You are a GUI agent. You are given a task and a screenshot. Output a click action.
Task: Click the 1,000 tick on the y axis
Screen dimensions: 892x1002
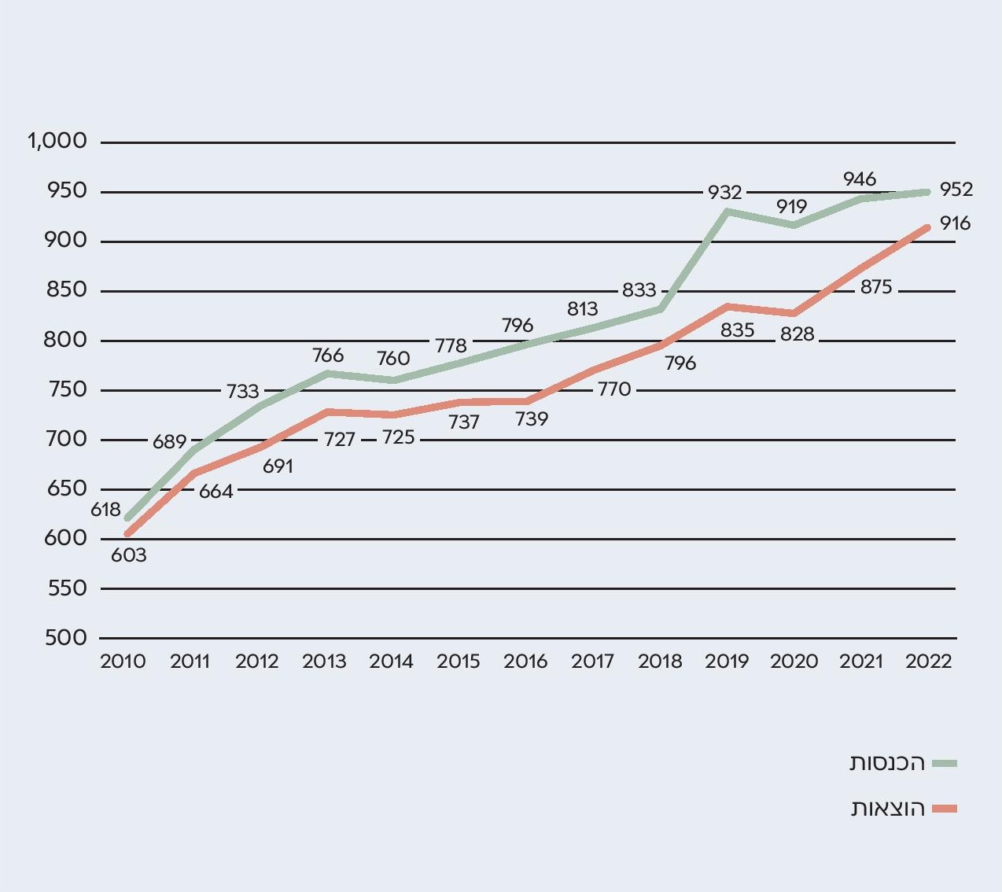[57, 142]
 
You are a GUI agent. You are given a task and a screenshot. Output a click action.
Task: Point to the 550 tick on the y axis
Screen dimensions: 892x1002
[66, 588]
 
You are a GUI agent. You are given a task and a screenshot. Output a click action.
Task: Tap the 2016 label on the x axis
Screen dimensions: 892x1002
[525, 662]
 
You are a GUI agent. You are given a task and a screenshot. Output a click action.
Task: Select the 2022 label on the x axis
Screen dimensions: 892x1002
[929, 662]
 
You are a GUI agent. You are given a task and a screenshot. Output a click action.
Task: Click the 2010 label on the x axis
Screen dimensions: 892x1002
[123, 662]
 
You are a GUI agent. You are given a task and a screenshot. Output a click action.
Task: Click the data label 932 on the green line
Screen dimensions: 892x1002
[724, 192]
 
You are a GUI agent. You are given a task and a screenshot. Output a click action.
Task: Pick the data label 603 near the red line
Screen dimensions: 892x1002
[129, 555]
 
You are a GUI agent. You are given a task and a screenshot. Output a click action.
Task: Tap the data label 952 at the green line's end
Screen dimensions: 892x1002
[956, 190]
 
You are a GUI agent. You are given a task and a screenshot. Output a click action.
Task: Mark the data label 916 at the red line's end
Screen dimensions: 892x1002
[955, 223]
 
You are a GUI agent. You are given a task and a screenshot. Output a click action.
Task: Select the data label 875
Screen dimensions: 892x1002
[876, 287]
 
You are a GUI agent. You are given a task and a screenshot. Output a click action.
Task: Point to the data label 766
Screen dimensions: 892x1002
[328, 356]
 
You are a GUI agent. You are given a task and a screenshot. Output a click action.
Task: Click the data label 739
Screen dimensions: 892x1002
[532, 419]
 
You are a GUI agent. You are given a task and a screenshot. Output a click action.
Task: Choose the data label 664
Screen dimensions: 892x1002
[216, 492]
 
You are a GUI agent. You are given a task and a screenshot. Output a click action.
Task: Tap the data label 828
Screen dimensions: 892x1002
[797, 334]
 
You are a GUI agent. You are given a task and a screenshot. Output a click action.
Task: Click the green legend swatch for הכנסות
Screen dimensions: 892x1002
[945, 763]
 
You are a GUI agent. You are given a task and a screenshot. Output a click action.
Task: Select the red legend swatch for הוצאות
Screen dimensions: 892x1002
[945, 809]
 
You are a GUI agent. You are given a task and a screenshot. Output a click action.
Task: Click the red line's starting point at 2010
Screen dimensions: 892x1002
[128, 534]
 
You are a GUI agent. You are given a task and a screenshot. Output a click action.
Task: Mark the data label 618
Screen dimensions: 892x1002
[105, 510]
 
